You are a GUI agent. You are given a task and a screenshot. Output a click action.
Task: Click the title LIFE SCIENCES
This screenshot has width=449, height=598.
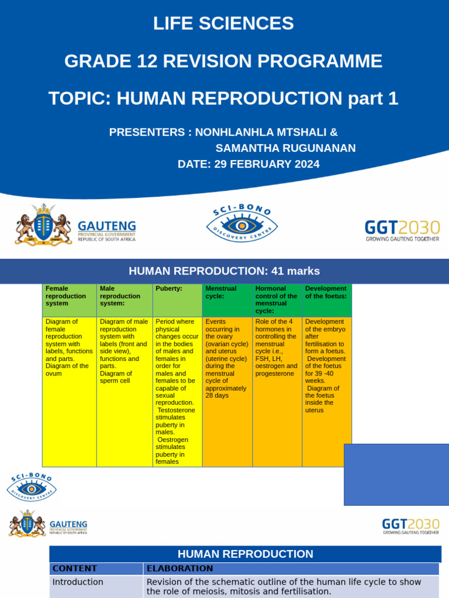pyautogui.click(x=223, y=23)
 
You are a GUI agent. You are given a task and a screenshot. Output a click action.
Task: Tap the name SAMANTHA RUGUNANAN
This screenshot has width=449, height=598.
pyautogui.click(x=285, y=148)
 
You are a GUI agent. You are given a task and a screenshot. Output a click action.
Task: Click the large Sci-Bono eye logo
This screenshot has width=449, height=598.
pyautogui.click(x=241, y=225)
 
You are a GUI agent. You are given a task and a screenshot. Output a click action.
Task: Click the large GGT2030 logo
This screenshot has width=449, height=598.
pyautogui.click(x=402, y=230)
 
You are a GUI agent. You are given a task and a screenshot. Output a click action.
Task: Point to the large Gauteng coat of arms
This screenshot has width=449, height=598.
pyautogui.click(x=43, y=225)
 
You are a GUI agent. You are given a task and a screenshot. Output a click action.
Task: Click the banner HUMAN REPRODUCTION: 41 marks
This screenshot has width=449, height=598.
pyautogui.click(x=224, y=271)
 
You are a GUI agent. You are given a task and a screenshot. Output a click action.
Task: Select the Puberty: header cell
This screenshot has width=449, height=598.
pyautogui.click(x=177, y=300)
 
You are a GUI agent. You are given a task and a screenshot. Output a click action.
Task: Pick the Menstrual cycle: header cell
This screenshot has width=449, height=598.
pyautogui.click(x=227, y=300)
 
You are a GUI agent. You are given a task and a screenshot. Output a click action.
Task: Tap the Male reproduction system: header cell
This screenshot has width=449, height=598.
pyautogui.click(x=125, y=300)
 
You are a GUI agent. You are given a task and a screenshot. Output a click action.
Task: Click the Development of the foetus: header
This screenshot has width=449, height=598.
pyautogui.click(x=327, y=300)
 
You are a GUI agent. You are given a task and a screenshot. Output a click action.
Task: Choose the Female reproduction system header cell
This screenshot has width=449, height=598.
pyautogui.click(x=69, y=300)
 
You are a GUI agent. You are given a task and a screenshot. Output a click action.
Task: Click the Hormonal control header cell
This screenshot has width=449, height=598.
pyautogui.click(x=277, y=300)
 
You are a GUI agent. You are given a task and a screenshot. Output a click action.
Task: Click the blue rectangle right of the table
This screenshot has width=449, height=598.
pyautogui.click(x=396, y=474)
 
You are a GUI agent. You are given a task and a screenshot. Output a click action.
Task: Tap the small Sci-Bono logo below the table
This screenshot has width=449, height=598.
pyautogui.click(x=32, y=488)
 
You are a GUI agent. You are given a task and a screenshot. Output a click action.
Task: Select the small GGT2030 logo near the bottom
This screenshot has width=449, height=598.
pyautogui.click(x=410, y=526)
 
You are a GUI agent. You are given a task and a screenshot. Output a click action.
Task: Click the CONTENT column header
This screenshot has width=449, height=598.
pyautogui.click(x=96, y=568)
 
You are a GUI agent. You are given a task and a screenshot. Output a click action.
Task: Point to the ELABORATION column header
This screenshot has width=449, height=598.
pyautogui.click(x=291, y=568)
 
